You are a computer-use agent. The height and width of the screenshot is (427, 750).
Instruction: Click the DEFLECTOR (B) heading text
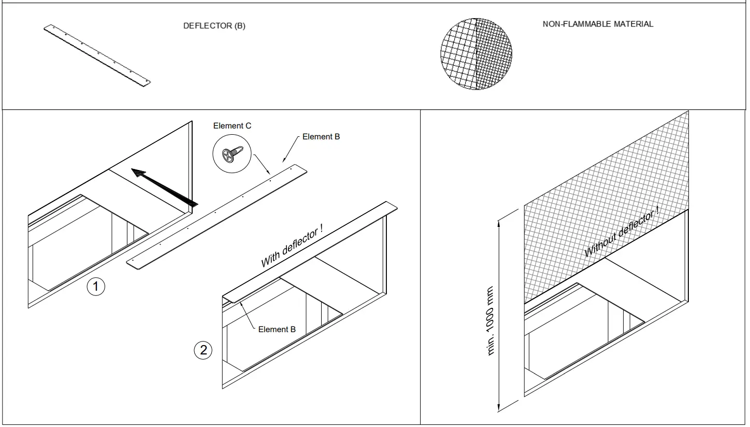(x=214, y=26)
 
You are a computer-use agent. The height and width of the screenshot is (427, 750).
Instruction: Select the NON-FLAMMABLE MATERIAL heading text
(x=598, y=24)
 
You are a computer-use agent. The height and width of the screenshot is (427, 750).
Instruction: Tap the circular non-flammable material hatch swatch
(x=476, y=54)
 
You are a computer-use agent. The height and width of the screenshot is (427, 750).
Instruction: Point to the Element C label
(x=232, y=126)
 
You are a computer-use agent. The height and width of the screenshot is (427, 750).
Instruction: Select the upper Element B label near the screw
(x=321, y=137)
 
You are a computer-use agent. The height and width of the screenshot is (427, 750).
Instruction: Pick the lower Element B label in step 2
(x=277, y=329)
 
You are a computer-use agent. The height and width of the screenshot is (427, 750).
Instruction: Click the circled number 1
(x=96, y=287)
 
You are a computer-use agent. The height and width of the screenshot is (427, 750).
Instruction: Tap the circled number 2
(x=203, y=350)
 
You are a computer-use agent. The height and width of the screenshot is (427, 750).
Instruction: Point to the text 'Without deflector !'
(x=622, y=231)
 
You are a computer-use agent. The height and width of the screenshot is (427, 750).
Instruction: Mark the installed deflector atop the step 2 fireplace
(x=311, y=253)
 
